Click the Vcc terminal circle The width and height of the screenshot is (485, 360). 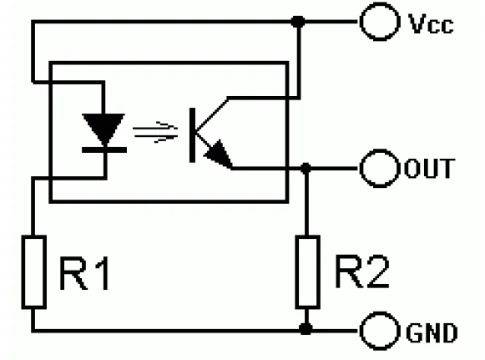(361, 22)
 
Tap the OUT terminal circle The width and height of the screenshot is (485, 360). (361, 169)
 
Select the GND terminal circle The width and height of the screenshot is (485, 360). (361, 331)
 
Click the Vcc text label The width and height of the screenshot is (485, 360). (431, 23)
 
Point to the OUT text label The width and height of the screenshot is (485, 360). (429, 169)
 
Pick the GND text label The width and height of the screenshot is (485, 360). (432, 332)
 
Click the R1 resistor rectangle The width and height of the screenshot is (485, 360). (23, 272)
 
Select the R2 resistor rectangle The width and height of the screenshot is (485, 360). (296, 272)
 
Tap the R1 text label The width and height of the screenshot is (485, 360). (83, 274)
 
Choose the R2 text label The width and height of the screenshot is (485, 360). (362, 271)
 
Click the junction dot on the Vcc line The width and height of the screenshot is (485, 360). (298, 22)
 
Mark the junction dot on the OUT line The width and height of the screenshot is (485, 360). (306, 169)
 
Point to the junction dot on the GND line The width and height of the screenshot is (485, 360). (306, 329)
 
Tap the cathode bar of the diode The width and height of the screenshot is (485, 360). (104, 150)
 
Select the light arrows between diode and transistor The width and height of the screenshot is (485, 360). (155, 132)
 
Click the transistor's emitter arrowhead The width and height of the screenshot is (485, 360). (219, 154)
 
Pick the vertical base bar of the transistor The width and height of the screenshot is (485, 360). (192, 135)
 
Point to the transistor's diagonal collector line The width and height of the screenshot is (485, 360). (212, 114)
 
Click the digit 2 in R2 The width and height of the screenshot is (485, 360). (376, 271)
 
